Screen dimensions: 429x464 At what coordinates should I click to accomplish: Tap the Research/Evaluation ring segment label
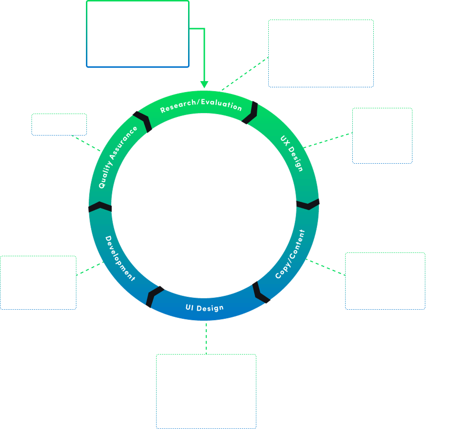pyautogui.click(x=201, y=105)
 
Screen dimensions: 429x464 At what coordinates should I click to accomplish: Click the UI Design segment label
pyautogui.click(x=204, y=308)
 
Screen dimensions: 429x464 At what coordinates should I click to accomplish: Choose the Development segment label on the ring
pyautogui.click(x=120, y=258)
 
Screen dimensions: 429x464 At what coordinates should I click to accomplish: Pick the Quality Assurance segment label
pyautogui.click(x=118, y=157)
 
